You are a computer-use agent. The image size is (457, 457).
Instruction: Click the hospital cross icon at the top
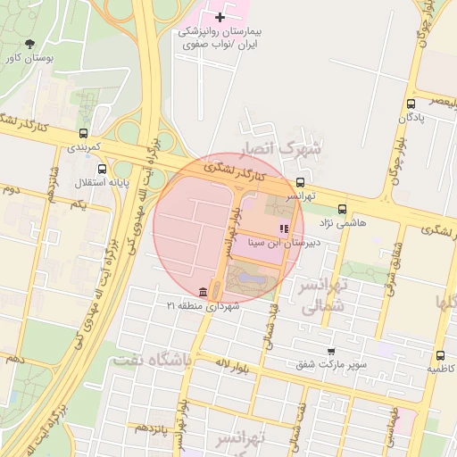click(x=220, y=17)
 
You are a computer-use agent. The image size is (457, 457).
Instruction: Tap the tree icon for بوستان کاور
click(x=31, y=43)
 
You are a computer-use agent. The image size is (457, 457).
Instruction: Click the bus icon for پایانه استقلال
click(x=104, y=169)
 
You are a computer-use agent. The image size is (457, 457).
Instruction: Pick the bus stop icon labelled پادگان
click(x=410, y=104)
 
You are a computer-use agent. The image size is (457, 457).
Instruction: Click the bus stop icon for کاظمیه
click(x=438, y=355)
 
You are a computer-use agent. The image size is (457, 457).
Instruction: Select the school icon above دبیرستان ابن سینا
click(x=285, y=228)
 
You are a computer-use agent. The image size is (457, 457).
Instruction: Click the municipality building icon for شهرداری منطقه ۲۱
click(x=204, y=293)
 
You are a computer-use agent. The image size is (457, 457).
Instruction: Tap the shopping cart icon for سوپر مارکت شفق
click(x=331, y=352)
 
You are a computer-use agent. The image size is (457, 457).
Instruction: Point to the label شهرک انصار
click(x=287, y=149)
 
